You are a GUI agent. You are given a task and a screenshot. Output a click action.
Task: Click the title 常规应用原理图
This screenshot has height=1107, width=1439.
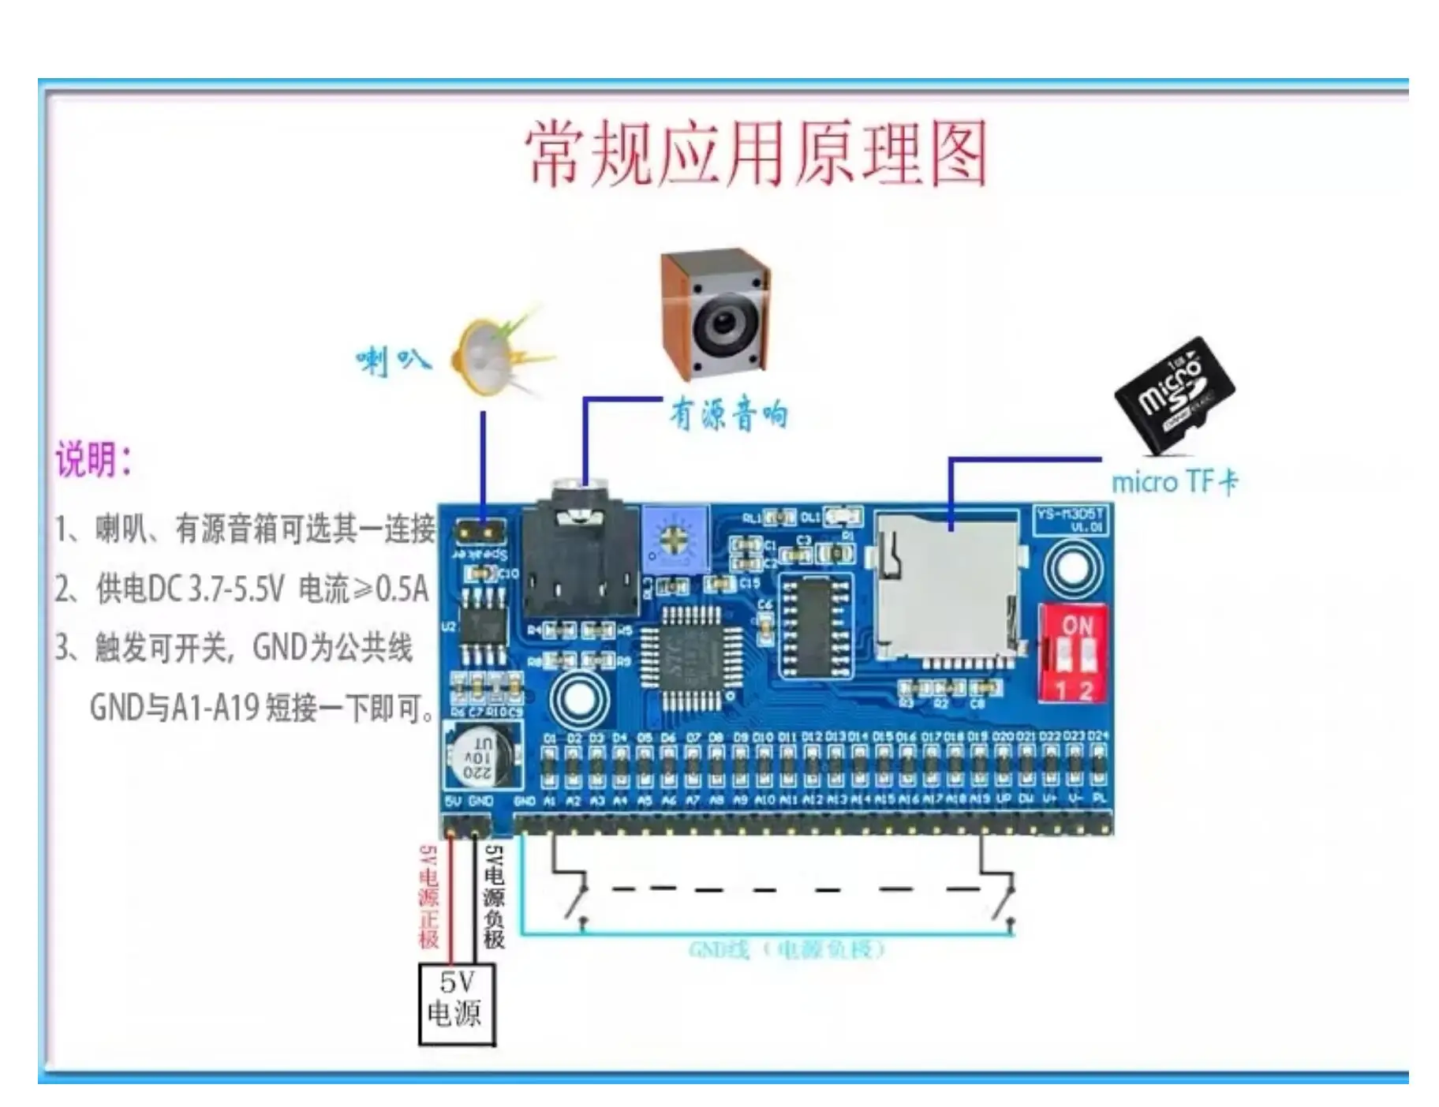click(756, 154)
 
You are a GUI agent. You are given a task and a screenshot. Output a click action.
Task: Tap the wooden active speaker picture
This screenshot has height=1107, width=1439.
click(715, 314)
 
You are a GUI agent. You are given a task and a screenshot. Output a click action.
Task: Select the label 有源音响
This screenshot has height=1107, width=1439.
click(728, 414)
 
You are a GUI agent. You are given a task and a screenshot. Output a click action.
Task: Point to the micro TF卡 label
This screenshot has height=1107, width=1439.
click(1174, 482)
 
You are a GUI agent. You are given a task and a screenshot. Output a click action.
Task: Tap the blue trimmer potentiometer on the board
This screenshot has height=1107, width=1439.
click(675, 539)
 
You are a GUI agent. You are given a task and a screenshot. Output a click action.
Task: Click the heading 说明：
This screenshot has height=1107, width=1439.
click(93, 459)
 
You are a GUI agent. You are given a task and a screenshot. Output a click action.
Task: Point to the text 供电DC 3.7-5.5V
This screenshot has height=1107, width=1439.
click(189, 589)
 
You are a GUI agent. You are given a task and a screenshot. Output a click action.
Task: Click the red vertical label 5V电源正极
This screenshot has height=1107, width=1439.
click(428, 896)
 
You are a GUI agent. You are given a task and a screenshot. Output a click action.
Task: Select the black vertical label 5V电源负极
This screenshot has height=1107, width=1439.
click(494, 896)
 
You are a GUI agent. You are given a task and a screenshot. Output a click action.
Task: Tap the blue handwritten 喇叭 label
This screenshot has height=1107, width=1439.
click(392, 361)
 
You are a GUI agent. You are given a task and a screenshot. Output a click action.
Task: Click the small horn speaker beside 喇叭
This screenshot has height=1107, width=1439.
click(489, 357)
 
